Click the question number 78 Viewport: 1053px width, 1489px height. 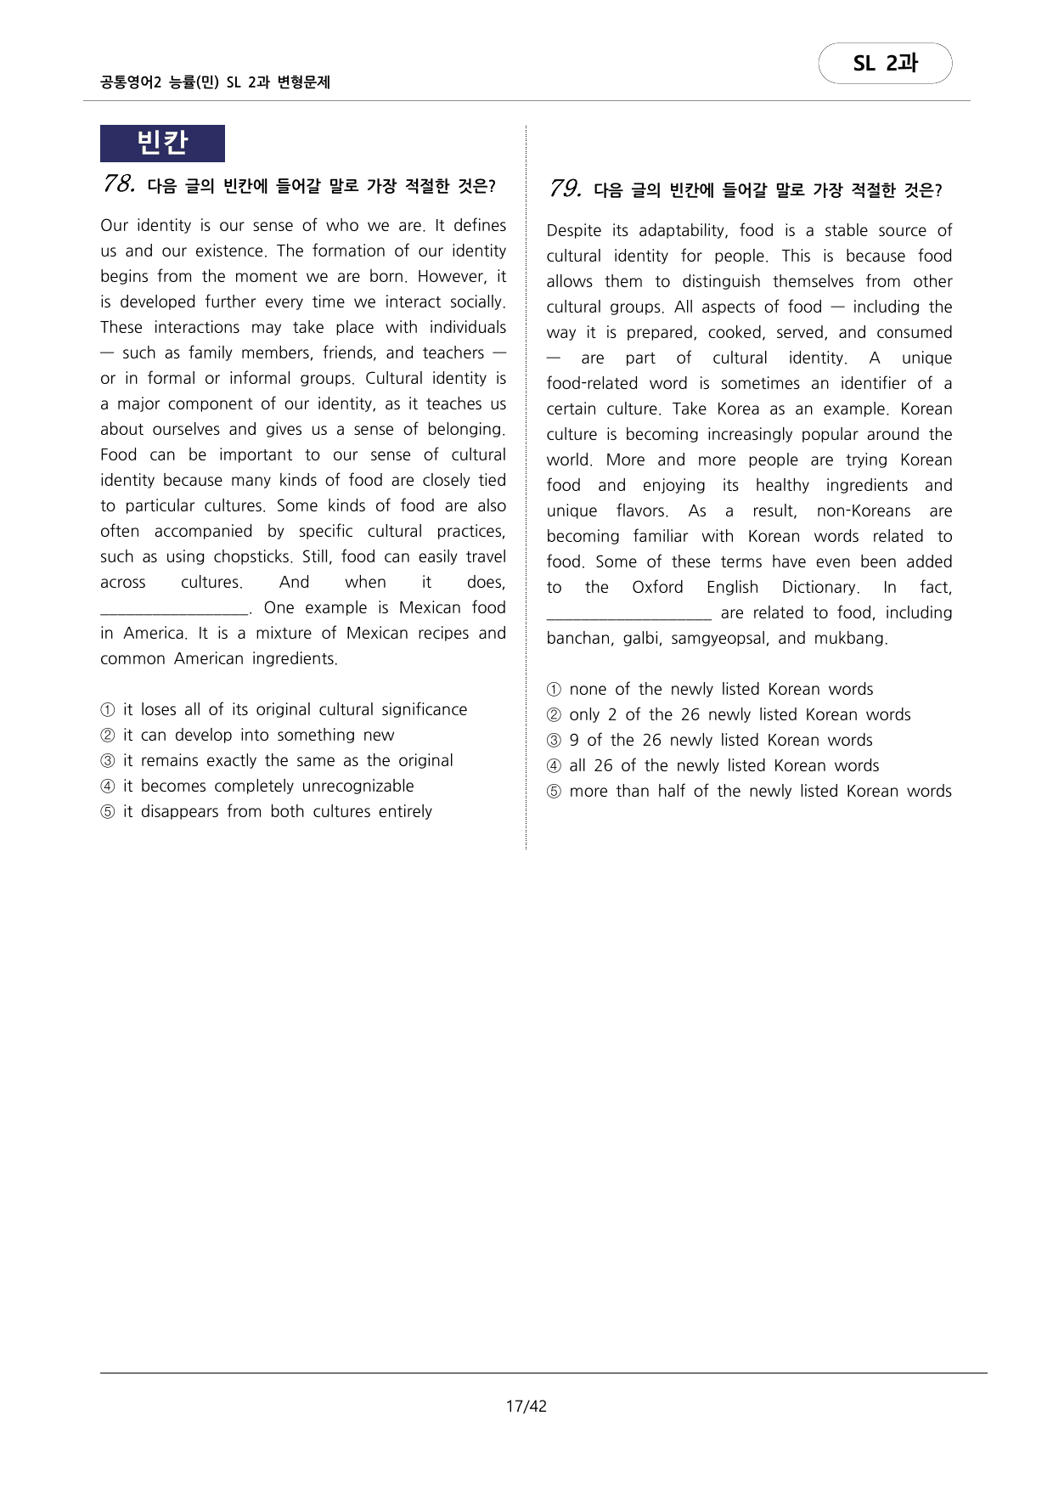click(x=119, y=183)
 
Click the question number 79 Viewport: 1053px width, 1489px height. click(x=565, y=189)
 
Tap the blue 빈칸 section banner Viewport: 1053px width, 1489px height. click(x=162, y=143)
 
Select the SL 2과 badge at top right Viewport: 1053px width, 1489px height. click(x=885, y=64)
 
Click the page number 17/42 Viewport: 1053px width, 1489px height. click(x=526, y=1406)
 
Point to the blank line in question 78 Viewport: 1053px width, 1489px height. click(x=174, y=608)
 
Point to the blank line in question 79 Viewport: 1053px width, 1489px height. click(x=628, y=613)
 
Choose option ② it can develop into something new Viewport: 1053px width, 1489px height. click(x=258, y=735)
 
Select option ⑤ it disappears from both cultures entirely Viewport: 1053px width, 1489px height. click(x=277, y=811)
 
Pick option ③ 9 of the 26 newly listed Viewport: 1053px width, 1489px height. click(x=720, y=740)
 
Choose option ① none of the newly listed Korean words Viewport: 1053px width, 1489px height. click(x=720, y=689)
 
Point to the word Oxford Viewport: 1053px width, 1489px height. click(x=657, y=587)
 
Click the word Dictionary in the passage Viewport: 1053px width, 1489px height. click(x=819, y=587)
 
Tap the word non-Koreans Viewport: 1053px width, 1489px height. click(x=863, y=510)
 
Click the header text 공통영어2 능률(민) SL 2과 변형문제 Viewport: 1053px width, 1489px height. click(x=215, y=82)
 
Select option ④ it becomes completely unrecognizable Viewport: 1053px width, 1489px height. click(x=268, y=786)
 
